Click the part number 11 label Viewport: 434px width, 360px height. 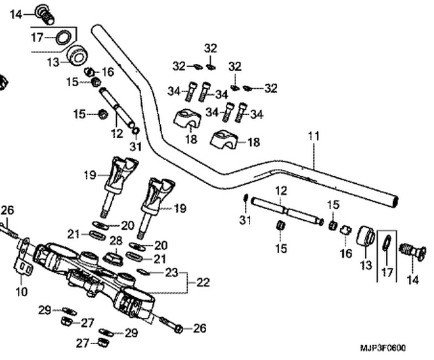coord(313,136)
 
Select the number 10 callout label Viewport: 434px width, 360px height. coord(22,292)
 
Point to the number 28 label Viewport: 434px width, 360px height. coord(115,240)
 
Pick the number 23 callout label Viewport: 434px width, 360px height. coord(172,273)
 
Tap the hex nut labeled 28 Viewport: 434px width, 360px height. coord(113,259)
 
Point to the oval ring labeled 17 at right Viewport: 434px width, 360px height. coord(387,243)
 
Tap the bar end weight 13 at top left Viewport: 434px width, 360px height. coord(77,56)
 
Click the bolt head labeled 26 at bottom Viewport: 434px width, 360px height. coord(179,329)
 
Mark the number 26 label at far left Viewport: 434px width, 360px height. coord(7,210)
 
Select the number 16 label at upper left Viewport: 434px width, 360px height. coord(108,72)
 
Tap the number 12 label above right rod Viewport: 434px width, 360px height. coord(281,190)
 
